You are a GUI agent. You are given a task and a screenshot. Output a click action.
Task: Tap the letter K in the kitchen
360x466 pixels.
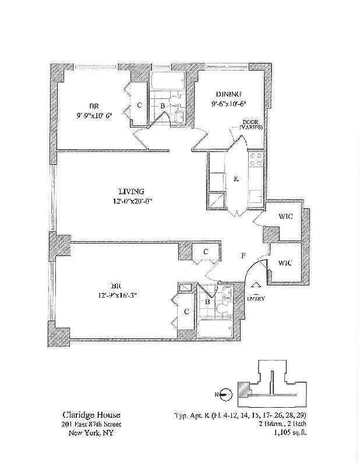point(236,179)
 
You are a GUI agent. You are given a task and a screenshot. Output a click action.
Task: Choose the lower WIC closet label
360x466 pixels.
point(285,262)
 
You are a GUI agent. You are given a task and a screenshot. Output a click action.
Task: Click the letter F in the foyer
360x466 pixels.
point(243,256)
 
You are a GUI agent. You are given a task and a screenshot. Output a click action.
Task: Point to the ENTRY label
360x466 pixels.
point(256,299)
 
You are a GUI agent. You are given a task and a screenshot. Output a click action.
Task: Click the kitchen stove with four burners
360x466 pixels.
point(256,160)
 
